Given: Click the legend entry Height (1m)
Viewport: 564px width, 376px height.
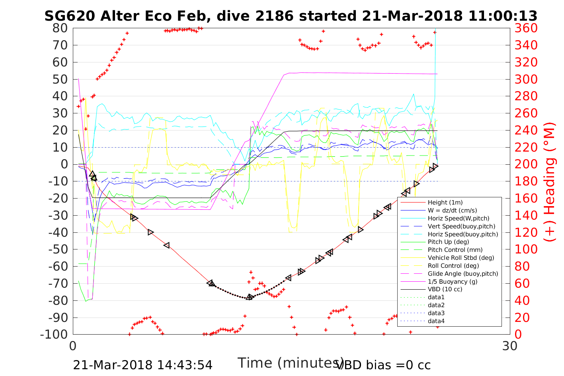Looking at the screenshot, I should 445,203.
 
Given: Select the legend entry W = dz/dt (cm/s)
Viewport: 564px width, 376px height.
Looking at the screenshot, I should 452,210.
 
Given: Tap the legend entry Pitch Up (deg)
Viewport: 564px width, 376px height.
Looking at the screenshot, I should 448,242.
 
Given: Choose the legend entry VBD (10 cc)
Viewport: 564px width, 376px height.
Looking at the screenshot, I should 445,289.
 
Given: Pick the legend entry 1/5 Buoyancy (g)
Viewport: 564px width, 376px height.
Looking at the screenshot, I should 453,282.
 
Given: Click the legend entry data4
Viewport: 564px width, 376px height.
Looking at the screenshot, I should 436,321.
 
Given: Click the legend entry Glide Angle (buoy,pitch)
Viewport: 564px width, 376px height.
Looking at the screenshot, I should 463,274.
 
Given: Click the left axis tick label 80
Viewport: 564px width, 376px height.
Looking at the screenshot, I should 60,28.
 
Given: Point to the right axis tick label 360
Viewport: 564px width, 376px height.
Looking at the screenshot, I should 526,28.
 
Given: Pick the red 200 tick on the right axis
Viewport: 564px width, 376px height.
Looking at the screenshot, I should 526,164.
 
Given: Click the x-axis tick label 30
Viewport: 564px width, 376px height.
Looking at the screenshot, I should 510,346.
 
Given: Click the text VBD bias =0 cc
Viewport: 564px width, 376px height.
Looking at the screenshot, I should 383,365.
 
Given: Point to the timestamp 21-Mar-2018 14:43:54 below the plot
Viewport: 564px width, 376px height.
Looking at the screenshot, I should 142,365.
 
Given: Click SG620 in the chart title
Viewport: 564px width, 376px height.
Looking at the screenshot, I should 69,16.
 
